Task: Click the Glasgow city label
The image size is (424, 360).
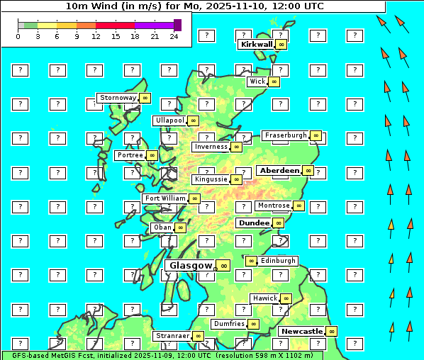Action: point(191,266)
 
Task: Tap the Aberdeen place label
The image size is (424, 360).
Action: point(279,171)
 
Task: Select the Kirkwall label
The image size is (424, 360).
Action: point(257,44)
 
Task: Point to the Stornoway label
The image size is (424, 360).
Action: point(118,98)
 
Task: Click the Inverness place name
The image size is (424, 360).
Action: point(211,147)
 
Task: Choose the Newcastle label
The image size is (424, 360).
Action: point(301,331)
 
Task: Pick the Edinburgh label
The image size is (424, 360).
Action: point(277,261)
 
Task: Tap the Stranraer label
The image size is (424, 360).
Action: point(172,336)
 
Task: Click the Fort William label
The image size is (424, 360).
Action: point(165,198)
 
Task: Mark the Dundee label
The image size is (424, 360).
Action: point(254,223)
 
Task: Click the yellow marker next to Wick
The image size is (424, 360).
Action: point(274,81)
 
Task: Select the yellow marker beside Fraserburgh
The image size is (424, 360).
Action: point(316,135)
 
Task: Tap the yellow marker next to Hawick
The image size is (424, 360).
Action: point(286,298)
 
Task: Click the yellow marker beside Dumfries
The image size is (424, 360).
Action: point(253,324)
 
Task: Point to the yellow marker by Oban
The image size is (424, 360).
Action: point(180,227)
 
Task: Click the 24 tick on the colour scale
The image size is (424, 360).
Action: point(174,36)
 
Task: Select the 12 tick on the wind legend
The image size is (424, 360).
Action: point(95,36)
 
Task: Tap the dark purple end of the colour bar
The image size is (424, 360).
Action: point(177,25)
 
